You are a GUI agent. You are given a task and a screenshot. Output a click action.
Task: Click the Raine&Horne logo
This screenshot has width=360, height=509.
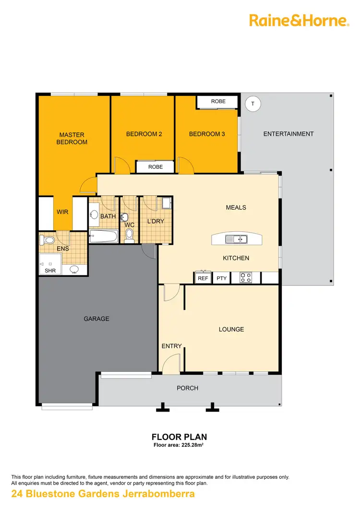[x=299, y=20]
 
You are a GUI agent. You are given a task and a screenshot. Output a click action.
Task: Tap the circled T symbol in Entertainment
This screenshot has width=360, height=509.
[x=252, y=103]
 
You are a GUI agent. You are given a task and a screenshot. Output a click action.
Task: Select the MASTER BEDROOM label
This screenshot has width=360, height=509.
[x=72, y=139]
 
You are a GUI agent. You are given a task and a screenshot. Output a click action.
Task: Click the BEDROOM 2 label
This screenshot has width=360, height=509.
[x=144, y=134]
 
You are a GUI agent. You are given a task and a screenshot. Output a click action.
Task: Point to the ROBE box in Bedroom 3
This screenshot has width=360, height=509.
[x=218, y=102]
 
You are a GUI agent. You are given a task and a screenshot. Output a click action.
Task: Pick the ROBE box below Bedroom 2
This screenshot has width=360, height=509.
[x=155, y=167]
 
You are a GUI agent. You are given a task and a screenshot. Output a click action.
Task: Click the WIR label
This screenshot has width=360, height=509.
[x=62, y=212]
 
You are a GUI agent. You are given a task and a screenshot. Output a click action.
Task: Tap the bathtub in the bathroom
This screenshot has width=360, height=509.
[x=103, y=236]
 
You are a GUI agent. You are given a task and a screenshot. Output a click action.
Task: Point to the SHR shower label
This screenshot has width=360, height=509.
[x=50, y=271]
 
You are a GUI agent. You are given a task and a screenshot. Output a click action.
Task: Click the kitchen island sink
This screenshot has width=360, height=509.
[x=236, y=238]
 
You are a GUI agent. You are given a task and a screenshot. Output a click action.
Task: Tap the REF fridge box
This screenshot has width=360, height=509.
[x=203, y=278]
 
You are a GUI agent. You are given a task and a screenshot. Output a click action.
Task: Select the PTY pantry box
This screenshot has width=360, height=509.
[x=221, y=278]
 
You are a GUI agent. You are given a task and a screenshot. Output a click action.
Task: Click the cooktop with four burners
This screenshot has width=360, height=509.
[x=246, y=277]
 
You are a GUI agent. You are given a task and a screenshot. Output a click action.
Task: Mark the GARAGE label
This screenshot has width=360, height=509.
[x=96, y=319]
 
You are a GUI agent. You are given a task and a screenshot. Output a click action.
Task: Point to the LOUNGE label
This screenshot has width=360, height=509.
[x=231, y=329]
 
